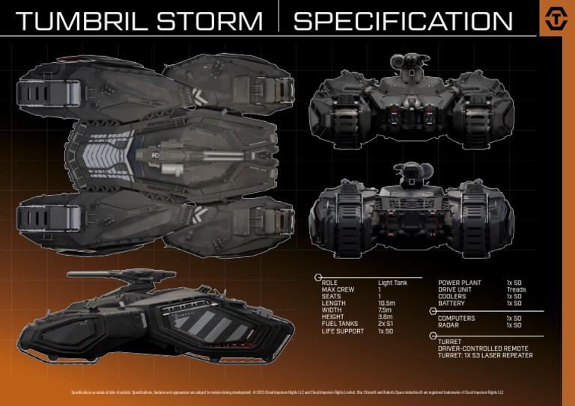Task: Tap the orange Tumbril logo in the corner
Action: click(556, 19)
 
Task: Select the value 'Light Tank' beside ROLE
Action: click(392, 283)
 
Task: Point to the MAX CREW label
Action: click(338, 290)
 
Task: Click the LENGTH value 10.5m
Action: click(387, 304)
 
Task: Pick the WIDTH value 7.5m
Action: click(385, 310)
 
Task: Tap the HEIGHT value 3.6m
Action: click(385, 317)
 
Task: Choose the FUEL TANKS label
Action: click(341, 324)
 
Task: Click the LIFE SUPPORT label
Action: click(343, 330)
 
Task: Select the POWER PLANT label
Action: click(459, 283)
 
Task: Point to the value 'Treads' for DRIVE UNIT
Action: click(516, 290)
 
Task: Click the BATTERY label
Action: click(451, 304)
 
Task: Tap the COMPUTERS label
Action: click(456, 319)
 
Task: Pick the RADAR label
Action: click(448, 325)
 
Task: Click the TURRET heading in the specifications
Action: click(449, 342)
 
